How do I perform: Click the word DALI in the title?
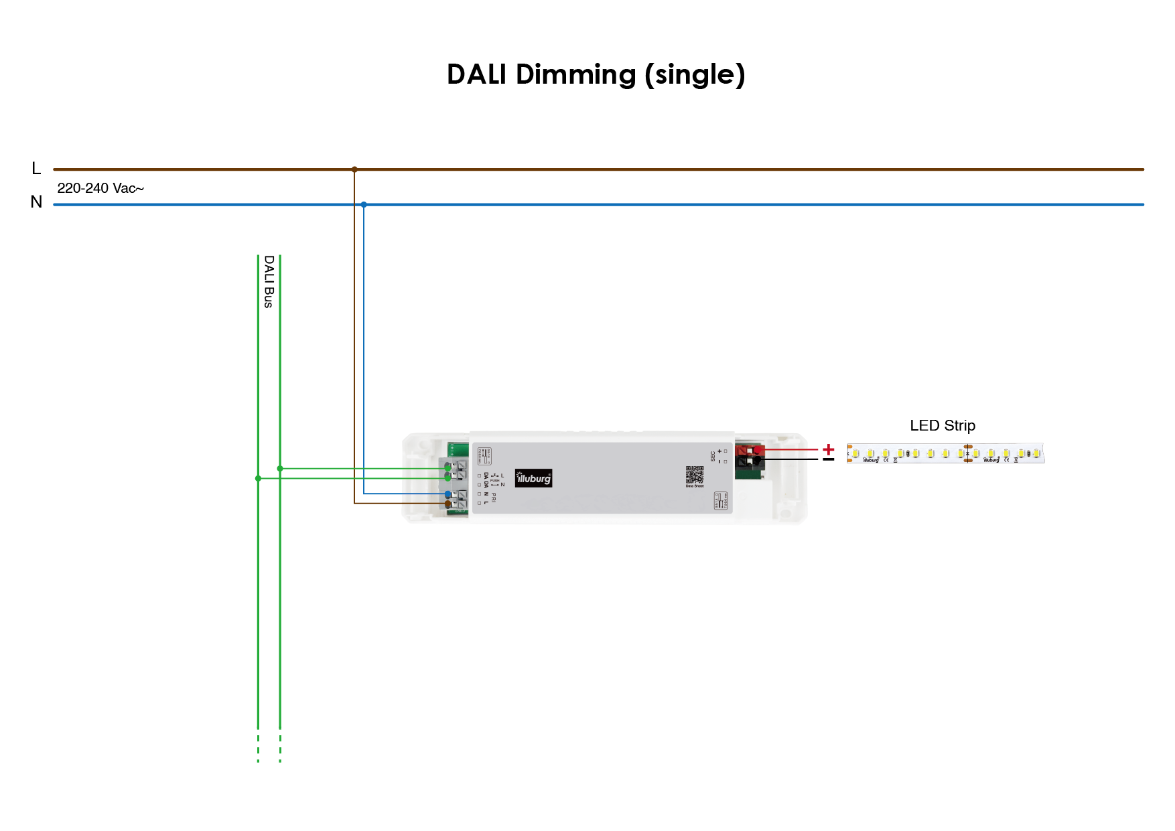point(476,74)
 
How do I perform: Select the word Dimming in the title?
point(575,75)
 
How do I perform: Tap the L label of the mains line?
point(36,169)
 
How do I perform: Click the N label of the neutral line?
point(36,202)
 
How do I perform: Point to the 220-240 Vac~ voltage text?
point(100,188)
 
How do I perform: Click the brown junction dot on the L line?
point(354,169)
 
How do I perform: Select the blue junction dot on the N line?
point(364,204)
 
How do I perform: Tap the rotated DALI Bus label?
point(269,281)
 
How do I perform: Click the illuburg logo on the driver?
point(533,478)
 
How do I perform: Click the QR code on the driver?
point(695,475)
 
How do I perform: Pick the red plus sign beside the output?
point(829,449)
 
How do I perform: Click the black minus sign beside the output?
point(829,459)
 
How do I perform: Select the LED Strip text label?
point(942,426)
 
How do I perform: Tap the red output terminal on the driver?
point(750,450)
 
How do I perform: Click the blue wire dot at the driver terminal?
point(448,494)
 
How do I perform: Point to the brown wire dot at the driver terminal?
point(448,504)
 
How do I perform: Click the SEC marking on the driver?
point(713,456)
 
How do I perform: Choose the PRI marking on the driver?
point(494,497)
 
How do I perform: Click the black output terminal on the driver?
point(750,461)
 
